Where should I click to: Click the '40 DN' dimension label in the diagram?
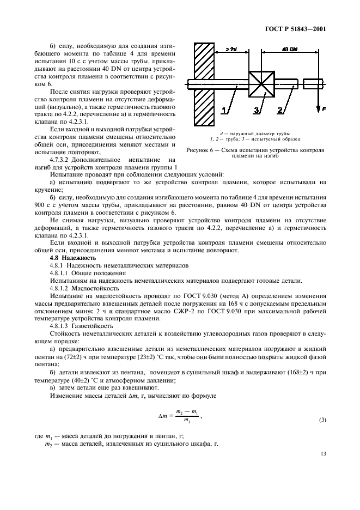[289, 50]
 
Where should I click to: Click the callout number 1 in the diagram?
[224, 111]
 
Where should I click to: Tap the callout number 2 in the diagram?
[280, 111]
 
